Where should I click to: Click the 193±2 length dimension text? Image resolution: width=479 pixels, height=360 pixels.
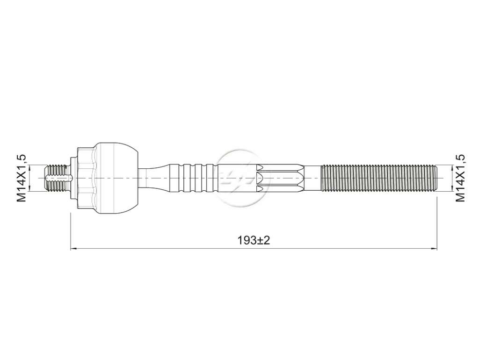pyautogui.click(x=254, y=241)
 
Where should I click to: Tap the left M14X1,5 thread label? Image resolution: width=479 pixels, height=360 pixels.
pyautogui.click(x=22, y=178)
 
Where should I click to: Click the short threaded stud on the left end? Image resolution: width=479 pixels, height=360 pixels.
pyautogui.click(x=57, y=178)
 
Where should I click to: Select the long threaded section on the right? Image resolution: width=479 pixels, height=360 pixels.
pyautogui.click(x=379, y=178)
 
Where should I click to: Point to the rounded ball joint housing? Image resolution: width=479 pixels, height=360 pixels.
pyautogui.click(x=116, y=178)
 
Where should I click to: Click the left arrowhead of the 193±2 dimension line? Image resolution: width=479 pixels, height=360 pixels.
pyautogui.click(x=73, y=249)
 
